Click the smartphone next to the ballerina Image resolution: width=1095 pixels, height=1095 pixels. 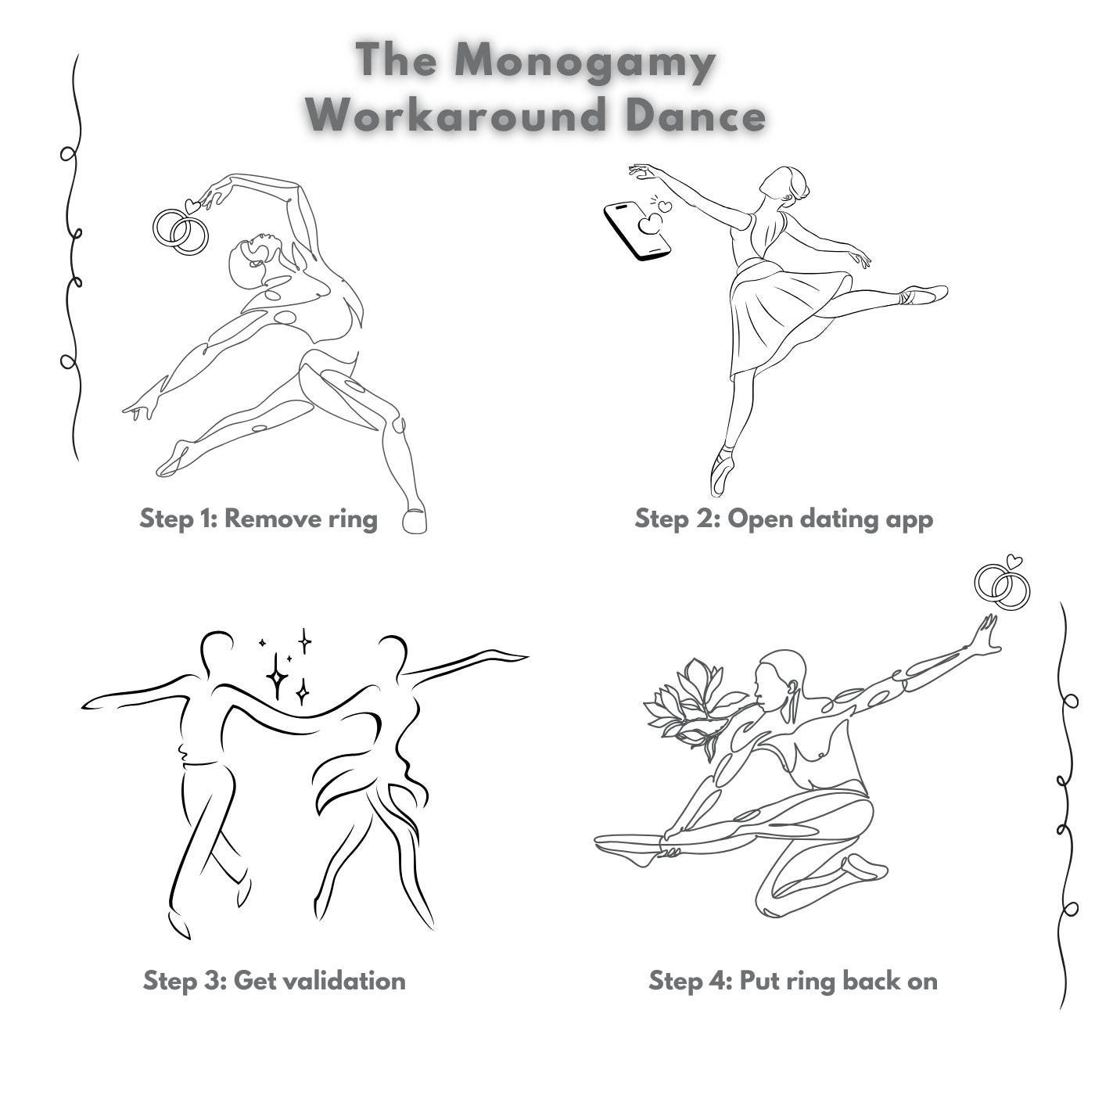click(x=637, y=231)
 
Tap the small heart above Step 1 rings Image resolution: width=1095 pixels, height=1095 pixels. click(x=192, y=206)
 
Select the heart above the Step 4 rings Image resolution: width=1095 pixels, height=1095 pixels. click(x=1014, y=562)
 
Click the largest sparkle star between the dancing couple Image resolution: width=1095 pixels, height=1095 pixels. click(x=277, y=676)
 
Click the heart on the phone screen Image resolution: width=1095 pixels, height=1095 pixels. click(x=649, y=223)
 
